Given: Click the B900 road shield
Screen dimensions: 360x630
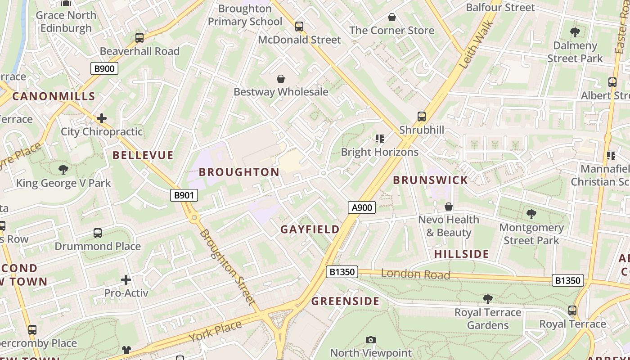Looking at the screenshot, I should click(104, 68).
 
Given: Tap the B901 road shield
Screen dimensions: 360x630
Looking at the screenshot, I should click(184, 195).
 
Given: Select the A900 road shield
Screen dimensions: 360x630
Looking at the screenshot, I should click(362, 207).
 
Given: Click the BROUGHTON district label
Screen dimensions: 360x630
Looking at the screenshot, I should click(239, 172).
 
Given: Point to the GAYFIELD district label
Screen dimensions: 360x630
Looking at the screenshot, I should click(310, 229).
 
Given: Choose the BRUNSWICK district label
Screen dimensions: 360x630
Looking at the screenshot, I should click(431, 180).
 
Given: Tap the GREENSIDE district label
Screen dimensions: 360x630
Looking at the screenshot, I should click(346, 301).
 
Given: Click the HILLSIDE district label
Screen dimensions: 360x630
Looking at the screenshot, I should click(461, 254).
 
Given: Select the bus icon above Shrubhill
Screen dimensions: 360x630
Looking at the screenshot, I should click(422, 117).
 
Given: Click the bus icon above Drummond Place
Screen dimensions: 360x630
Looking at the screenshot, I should click(98, 233).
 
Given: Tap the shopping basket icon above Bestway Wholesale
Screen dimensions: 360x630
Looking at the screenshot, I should click(281, 79).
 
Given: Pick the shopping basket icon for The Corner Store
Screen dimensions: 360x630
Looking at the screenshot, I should click(392, 17).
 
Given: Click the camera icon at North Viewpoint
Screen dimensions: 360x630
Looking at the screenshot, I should click(371, 340).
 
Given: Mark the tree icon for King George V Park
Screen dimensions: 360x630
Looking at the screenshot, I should click(63, 170).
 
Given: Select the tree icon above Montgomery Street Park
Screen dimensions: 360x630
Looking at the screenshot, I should click(531, 214).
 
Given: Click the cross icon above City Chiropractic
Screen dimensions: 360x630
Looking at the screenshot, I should click(102, 118).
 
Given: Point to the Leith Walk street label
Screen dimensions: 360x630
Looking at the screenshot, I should click(476, 44).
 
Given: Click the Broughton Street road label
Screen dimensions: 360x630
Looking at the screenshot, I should click(227, 267).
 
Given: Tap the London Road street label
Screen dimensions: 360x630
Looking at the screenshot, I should click(415, 274).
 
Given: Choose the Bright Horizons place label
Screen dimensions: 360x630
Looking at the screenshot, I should click(380, 152).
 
